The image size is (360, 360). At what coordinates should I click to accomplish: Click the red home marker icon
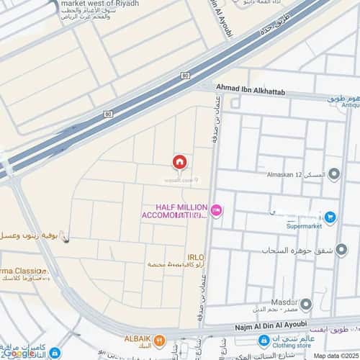180,162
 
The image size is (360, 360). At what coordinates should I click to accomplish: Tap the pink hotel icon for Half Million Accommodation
217,210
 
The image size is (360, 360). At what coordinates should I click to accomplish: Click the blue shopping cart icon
330,217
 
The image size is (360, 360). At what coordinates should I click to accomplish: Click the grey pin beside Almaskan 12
333,174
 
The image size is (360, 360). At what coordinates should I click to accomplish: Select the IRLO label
195,257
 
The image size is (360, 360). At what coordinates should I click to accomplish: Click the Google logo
19,352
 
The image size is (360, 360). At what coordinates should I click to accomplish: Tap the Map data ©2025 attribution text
334,355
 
